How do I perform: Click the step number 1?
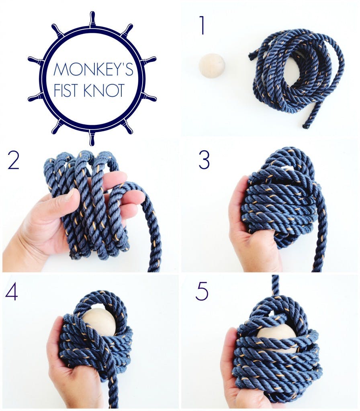[202, 25]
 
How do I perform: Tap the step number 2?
[14, 160]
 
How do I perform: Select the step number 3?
[204, 160]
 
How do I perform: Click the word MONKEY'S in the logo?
[93, 69]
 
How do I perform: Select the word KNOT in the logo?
[104, 90]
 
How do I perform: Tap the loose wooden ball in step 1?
[212, 65]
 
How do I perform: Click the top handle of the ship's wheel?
[92, 19]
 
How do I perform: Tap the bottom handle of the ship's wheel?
[92, 138]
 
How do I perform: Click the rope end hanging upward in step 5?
[275, 285]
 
